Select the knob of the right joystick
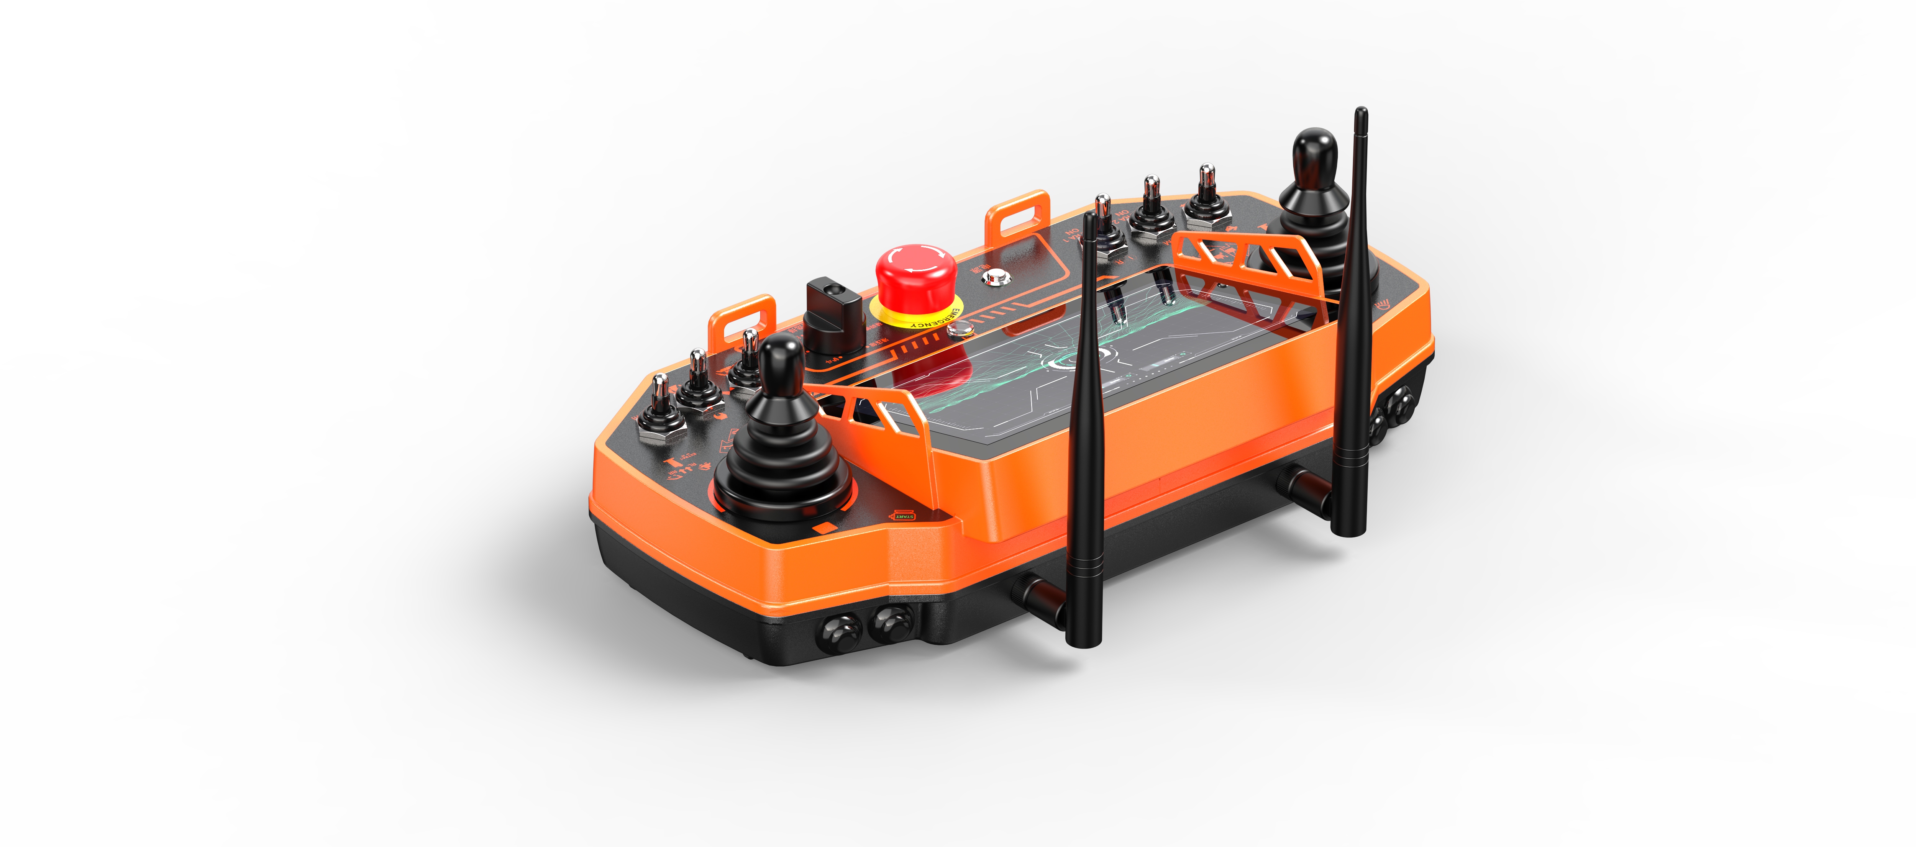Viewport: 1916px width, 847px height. click(1313, 156)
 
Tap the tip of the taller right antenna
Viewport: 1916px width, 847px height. click(1360, 113)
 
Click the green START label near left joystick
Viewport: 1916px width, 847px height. click(904, 515)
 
